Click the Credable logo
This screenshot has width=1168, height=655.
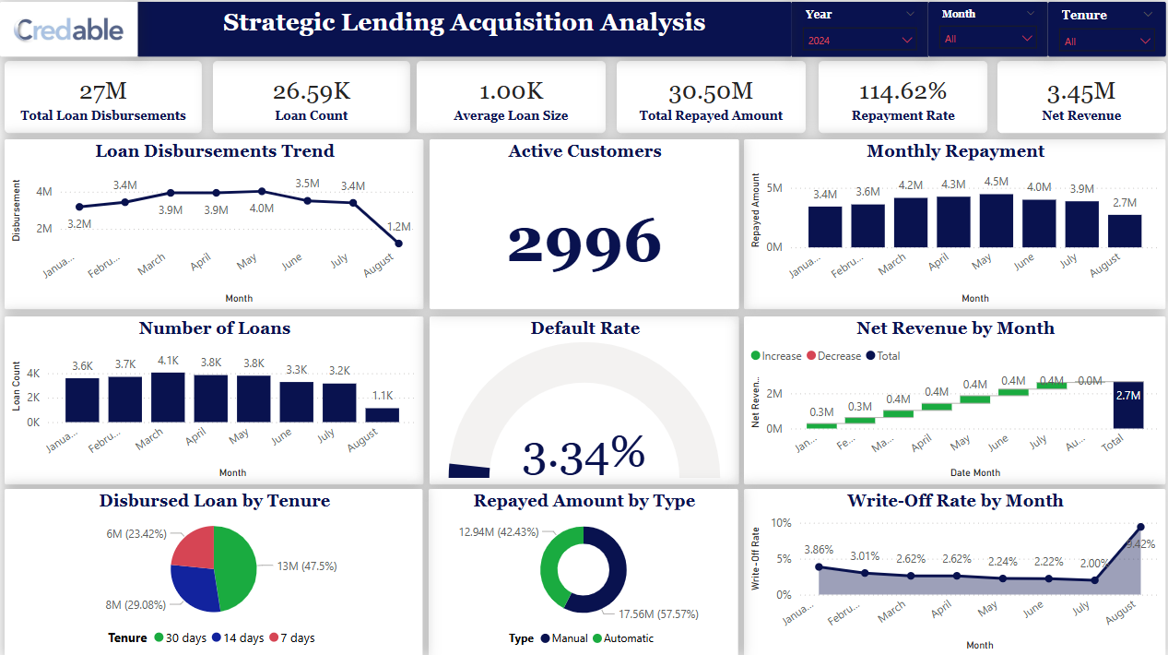(69, 30)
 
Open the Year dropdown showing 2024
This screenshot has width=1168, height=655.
(860, 41)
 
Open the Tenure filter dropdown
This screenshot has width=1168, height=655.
(1107, 42)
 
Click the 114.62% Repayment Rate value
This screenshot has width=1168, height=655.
(903, 91)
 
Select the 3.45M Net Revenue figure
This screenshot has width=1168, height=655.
(1081, 91)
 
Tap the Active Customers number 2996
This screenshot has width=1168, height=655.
(584, 243)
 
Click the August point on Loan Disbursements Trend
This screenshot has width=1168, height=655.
(398, 244)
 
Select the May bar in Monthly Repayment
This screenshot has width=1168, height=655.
(997, 220)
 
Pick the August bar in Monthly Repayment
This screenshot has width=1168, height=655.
(1125, 231)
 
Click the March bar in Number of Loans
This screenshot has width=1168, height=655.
(168, 398)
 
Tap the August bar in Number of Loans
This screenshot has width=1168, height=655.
(383, 415)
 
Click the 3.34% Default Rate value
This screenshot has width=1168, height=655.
(584, 456)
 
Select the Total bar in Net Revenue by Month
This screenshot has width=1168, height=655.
(1128, 405)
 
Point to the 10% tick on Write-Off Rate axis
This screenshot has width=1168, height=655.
(781, 523)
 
